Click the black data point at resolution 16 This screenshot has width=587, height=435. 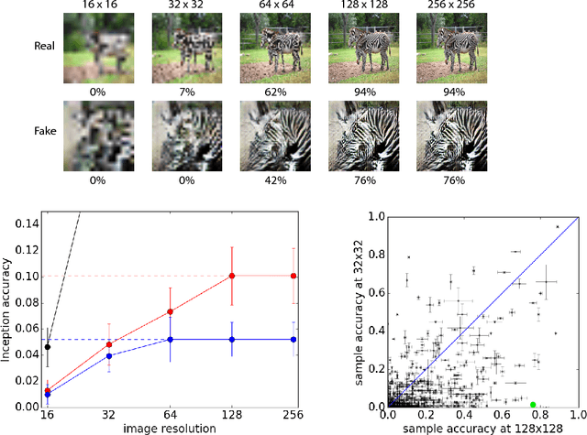coord(48,347)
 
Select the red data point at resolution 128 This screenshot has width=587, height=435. coord(232,276)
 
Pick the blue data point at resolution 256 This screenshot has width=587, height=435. coord(293,340)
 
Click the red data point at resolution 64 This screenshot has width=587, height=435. coord(171,311)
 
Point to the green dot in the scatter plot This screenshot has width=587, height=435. coord(533,404)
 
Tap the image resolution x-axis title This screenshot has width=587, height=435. coord(171,428)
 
